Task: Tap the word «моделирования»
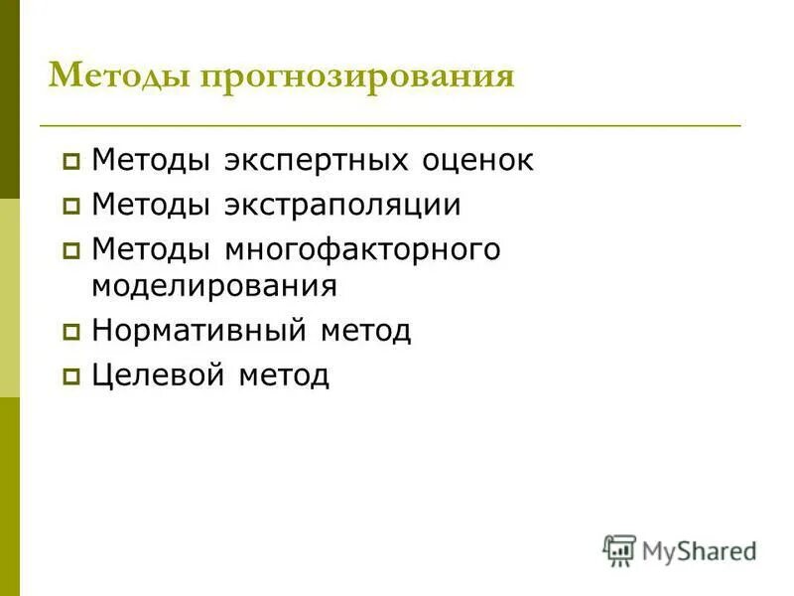214,286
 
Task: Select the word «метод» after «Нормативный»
365,330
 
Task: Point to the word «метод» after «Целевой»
283,375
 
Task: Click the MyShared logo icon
619,550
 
